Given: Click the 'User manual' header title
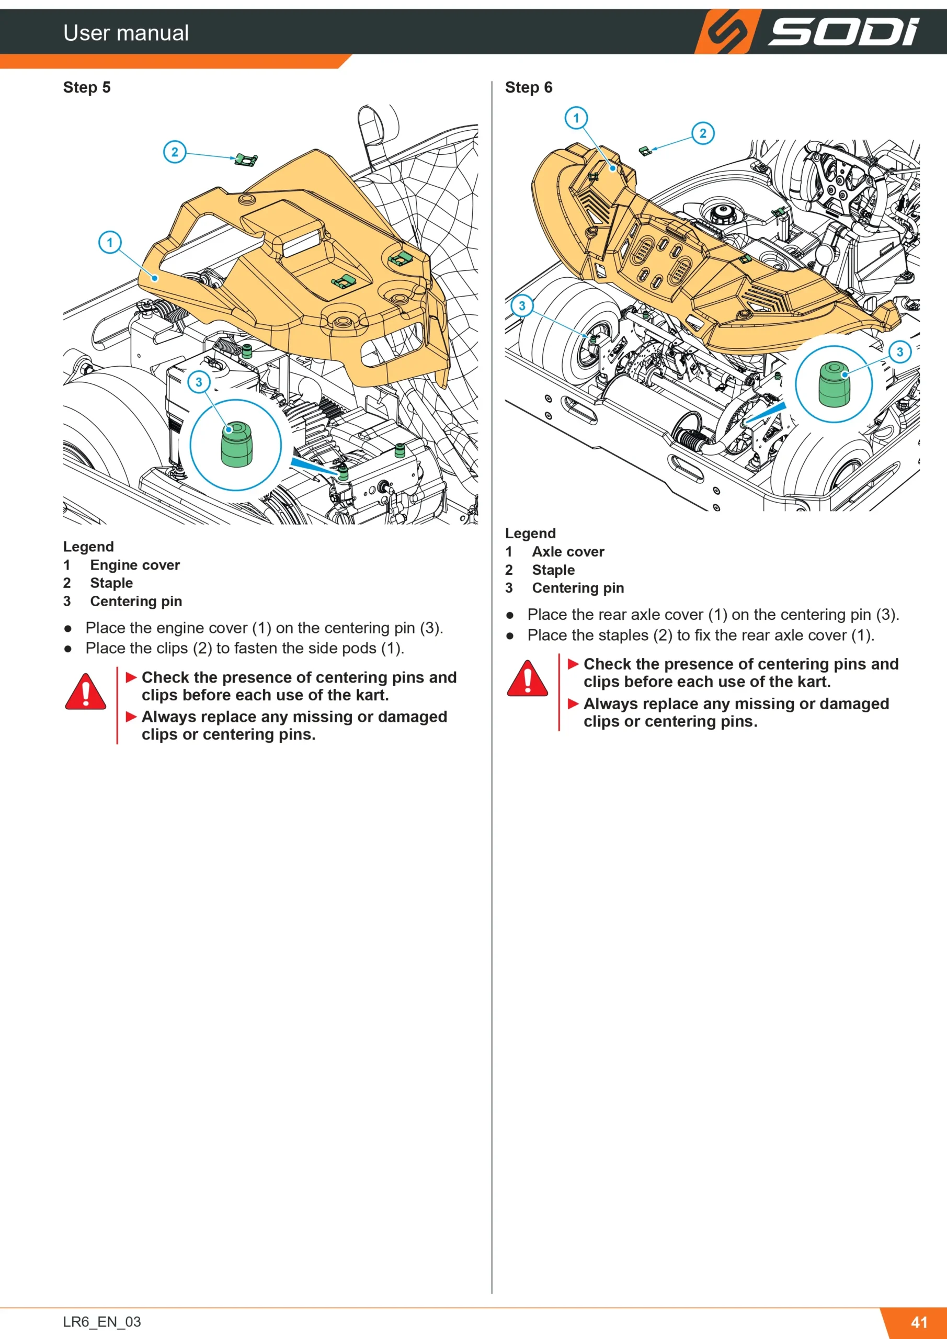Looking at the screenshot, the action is click(x=126, y=32).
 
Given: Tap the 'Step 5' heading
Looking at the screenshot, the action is click(x=87, y=87).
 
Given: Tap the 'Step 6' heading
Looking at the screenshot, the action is click(x=529, y=87).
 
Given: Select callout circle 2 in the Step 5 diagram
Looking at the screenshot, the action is click(x=174, y=152).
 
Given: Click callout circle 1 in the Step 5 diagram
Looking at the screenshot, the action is click(x=110, y=242).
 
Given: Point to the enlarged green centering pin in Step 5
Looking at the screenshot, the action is click(x=237, y=445).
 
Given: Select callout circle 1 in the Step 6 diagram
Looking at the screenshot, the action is click(x=576, y=118).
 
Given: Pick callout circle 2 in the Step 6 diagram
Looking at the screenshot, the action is click(x=703, y=133).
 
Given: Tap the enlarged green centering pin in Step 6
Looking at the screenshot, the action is click(x=834, y=384).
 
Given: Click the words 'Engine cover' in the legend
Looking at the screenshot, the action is click(x=135, y=565).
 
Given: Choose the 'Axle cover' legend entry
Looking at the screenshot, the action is click(x=568, y=552).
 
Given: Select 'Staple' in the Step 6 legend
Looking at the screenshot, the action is click(x=553, y=570).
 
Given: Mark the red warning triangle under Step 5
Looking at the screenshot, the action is click(x=86, y=692).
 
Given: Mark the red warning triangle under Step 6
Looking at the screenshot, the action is click(x=528, y=679).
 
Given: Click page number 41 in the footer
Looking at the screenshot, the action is click(x=919, y=1322).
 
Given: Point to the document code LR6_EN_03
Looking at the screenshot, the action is click(x=102, y=1322).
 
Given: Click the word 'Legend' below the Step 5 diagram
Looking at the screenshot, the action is click(x=89, y=547).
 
